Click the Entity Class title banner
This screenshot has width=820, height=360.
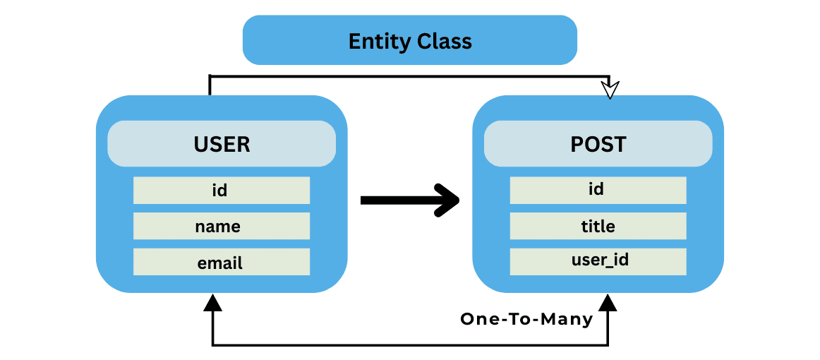[409, 41]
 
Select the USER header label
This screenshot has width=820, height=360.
[222, 144]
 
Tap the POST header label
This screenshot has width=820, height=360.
[598, 144]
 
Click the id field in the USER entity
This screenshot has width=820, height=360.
[221, 190]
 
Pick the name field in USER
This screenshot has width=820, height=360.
[221, 227]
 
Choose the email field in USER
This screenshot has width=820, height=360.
[221, 263]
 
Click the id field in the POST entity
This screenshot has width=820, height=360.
[598, 189]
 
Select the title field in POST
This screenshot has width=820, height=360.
[598, 226]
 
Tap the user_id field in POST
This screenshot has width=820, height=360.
[598, 260]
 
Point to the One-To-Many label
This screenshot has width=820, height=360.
[526, 319]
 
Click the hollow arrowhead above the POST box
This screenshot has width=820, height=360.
[609, 90]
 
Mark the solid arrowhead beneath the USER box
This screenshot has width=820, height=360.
[212, 302]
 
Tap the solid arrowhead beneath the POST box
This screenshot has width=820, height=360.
[608, 302]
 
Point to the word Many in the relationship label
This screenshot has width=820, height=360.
[567, 319]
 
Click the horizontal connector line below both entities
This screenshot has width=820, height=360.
[409, 345]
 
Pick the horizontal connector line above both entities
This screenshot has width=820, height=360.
[409, 76]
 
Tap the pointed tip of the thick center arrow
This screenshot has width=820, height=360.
[458, 200]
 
